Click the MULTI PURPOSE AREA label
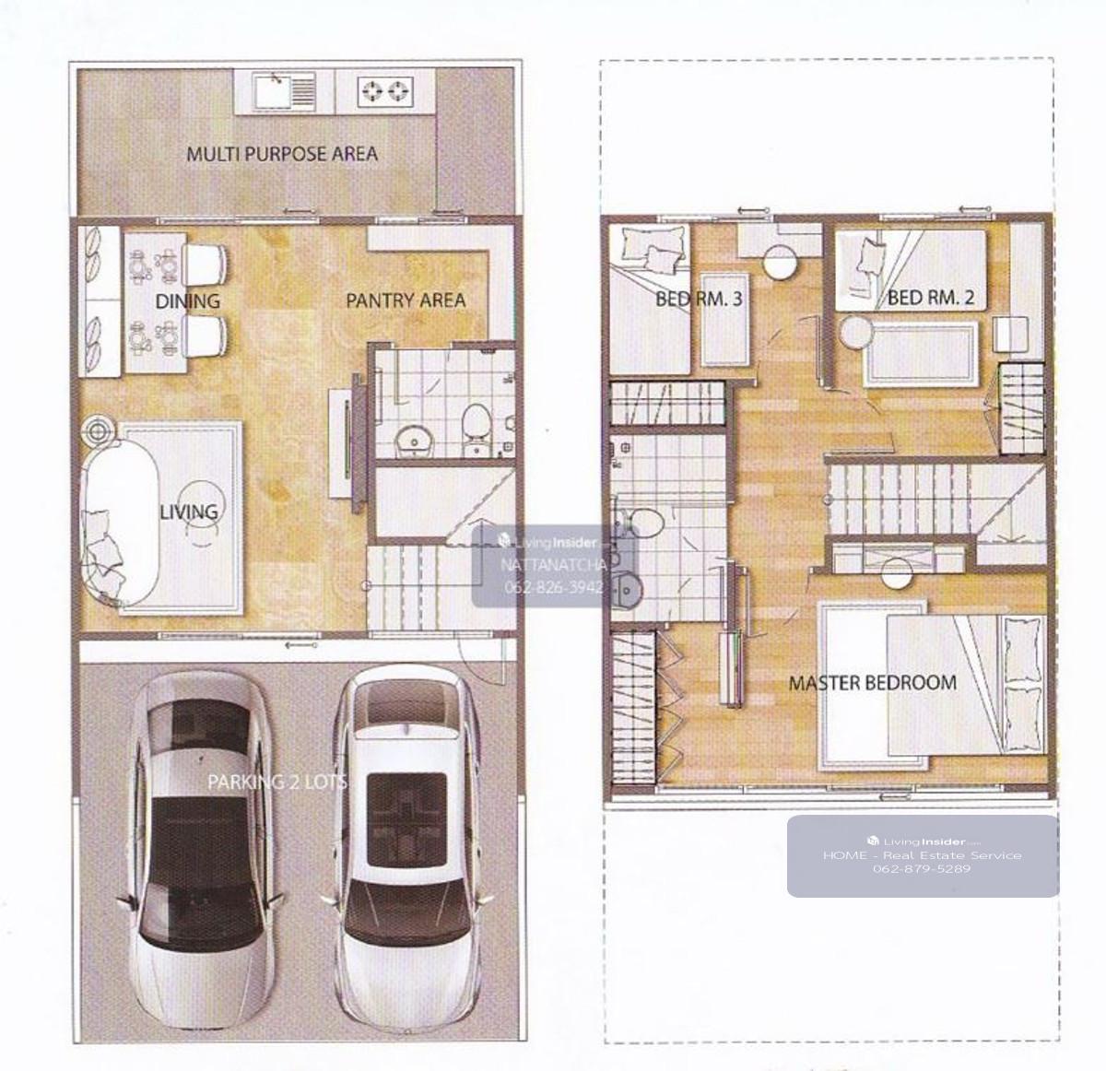point(282,154)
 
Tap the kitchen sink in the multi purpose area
point(284,91)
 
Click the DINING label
point(187,300)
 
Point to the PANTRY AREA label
point(406,300)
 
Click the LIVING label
point(189,512)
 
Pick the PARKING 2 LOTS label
point(276,783)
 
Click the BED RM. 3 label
point(699,299)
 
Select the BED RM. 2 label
point(931,298)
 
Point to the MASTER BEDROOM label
point(873,683)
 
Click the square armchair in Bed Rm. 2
point(1010,334)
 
